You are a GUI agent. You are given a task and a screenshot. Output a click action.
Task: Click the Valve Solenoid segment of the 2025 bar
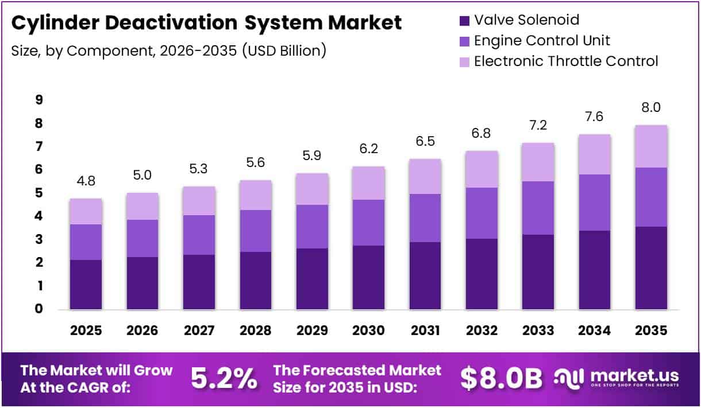click(86, 285)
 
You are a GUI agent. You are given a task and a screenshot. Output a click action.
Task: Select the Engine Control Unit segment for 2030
click(368, 223)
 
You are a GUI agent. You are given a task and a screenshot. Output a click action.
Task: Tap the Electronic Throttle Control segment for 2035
click(651, 146)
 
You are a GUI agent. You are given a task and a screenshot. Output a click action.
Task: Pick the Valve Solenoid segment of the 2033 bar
click(538, 272)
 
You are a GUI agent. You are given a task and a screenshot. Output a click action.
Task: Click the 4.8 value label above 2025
click(86, 181)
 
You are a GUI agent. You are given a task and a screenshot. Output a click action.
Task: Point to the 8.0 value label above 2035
click(651, 108)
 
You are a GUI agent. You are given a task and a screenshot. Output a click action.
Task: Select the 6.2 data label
click(368, 149)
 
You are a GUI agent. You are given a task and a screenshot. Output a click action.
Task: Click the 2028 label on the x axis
click(255, 331)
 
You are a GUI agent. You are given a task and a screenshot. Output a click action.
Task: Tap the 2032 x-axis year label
click(482, 331)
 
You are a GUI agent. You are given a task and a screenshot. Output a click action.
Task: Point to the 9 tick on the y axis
click(38, 100)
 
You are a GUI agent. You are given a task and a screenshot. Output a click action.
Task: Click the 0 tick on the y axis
click(38, 309)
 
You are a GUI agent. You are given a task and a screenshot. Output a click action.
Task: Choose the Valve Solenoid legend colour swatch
click(463, 21)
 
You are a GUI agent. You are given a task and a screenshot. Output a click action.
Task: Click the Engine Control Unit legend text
click(541, 41)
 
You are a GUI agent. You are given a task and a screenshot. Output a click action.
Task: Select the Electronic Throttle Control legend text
click(565, 61)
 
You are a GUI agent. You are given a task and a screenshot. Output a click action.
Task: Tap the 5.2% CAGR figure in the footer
click(224, 378)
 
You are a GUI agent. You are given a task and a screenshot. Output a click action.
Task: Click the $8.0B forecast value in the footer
click(501, 378)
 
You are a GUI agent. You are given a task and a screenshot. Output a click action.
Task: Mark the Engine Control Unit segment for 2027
click(199, 235)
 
